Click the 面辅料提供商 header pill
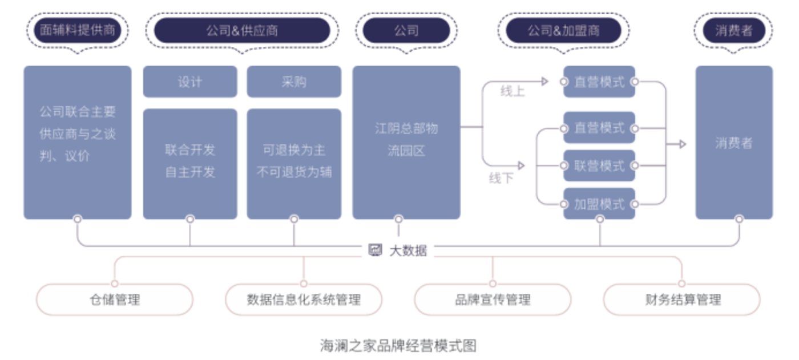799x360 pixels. tap(77, 30)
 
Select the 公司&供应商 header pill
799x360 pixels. tap(242, 30)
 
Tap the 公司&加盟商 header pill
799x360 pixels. tap(563, 30)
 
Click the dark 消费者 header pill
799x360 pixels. tap(733, 30)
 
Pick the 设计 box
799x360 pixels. tap(189, 82)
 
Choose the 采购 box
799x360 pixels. tap(294, 82)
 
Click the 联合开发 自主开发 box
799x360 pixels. tap(189, 163)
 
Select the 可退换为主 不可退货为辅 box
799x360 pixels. tap(294, 163)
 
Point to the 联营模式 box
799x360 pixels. tap(599, 166)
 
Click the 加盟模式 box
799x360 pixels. tap(599, 204)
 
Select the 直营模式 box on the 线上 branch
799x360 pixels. tap(599, 82)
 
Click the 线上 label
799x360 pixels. tap(512, 91)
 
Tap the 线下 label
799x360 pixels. tap(501, 179)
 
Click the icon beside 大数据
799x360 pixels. tap(375, 250)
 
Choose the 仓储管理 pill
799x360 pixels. tap(115, 300)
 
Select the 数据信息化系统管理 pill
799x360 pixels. tap(304, 300)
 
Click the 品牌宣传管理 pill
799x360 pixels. tap(493, 300)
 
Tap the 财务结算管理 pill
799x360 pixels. tap(681, 300)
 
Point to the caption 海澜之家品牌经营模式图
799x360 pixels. tap(398, 345)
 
